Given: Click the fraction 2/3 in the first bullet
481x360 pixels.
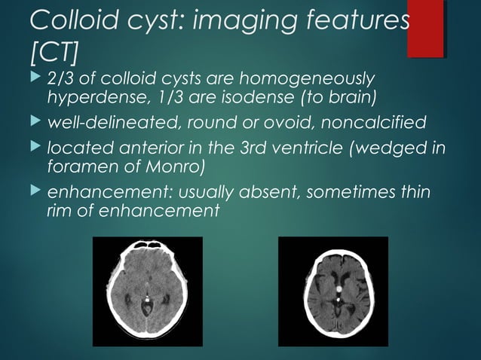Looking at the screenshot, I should (x=63, y=79).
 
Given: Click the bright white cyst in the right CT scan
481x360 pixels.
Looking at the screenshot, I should (x=339, y=288).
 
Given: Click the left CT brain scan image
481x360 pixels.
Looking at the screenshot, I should (x=147, y=291).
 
